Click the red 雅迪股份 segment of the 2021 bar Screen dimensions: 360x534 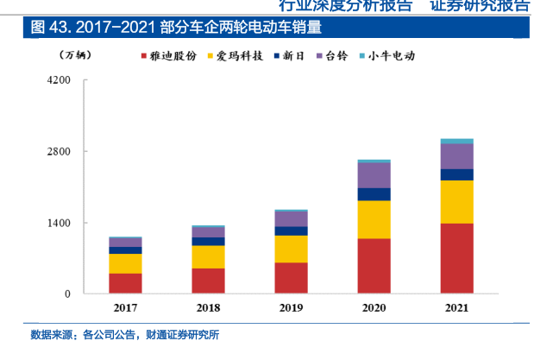tap(456, 258)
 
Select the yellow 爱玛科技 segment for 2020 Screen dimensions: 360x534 tap(374, 219)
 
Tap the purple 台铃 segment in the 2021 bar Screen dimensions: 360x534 tap(456, 156)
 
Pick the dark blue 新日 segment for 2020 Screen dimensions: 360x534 tap(374, 194)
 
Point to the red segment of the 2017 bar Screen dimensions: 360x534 tap(125, 283)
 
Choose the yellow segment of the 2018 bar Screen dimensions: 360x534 tap(208, 256)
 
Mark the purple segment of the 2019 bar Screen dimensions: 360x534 tap(291, 219)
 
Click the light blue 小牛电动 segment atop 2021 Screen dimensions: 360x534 tap(456, 141)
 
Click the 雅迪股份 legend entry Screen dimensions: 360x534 tap(173, 55)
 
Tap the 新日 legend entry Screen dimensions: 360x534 tap(288, 55)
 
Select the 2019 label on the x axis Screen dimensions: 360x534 tap(291, 308)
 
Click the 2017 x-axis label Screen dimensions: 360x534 tap(125, 308)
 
